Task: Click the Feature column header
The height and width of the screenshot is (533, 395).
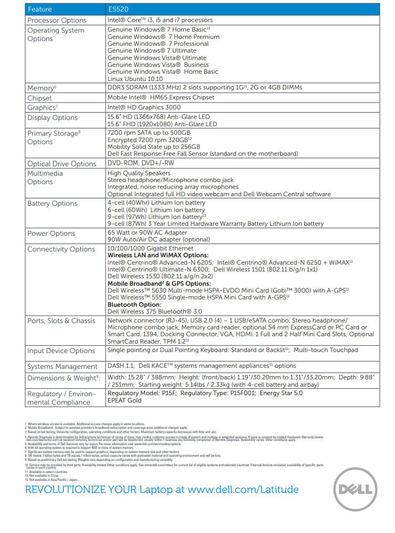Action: click(x=40, y=9)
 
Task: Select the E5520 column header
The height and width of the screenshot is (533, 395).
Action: click(x=119, y=9)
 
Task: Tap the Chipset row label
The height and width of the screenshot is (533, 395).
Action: click(x=40, y=98)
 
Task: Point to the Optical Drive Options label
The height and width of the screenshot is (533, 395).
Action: click(x=61, y=164)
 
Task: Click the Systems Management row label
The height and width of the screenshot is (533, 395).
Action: click(x=62, y=366)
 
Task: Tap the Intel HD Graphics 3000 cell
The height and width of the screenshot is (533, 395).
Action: click(x=144, y=107)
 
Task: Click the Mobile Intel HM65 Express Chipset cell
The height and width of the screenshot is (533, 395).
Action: click(x=161, y=98)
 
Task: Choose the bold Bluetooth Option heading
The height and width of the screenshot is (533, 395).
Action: click(x=134, y=305)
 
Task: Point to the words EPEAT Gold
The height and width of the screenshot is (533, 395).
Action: click(x=125, y=400)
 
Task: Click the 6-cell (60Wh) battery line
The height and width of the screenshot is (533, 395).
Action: click(x=156, y=210)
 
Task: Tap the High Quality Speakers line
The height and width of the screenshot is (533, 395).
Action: click(x=139, y=173)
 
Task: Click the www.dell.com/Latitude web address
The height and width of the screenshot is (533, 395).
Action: click(x=243, y=490)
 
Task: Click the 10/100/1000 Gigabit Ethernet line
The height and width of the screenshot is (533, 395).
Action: click(x=150, y=248)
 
